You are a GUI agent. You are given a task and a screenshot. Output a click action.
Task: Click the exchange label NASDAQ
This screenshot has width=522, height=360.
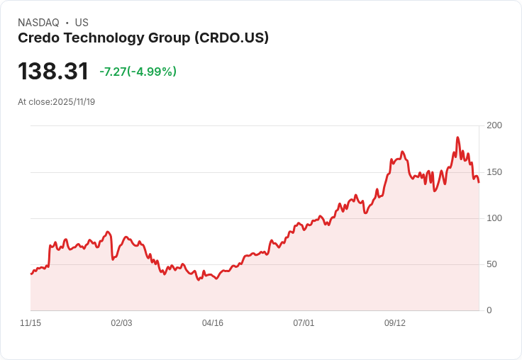coord(38,23)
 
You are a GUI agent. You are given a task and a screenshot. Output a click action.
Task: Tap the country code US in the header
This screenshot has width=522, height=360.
coord(82,23)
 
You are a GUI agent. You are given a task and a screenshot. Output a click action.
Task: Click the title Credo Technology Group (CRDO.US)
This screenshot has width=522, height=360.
coord(143,38)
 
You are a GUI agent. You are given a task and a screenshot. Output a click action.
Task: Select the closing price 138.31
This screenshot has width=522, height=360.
coord(53,72)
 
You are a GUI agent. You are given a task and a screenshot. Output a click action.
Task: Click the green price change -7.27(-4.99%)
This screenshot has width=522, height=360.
coord(138,72)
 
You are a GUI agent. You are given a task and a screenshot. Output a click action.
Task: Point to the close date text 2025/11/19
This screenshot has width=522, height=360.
coord(74,102)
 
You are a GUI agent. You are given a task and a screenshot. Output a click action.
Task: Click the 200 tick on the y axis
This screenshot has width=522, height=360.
coord(494,125)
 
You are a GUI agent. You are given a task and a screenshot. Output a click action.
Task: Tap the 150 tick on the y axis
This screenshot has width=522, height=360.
coord(494,171)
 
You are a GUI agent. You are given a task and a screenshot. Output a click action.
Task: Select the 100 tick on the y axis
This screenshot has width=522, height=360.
coord(494,218)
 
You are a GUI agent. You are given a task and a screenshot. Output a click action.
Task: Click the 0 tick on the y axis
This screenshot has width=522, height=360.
coord(489,310)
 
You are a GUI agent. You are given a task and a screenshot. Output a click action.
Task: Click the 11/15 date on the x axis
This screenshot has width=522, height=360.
coord(30,323)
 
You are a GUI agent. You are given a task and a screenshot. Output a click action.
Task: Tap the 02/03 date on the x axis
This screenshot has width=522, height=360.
coord(121,323)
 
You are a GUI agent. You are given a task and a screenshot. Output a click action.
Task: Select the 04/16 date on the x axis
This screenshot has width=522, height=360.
coord(213,323)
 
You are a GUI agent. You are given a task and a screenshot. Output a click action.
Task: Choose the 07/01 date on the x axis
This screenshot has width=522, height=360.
coord(304,323)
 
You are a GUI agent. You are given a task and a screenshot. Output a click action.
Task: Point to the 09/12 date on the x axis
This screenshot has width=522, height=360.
coord(395,323)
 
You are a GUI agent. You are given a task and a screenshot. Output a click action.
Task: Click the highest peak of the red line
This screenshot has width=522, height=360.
coord(457,137)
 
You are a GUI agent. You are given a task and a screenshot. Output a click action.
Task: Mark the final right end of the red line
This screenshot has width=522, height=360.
coord(479,182)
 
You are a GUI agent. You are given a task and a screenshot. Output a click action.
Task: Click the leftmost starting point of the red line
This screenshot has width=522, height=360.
coord(31,274)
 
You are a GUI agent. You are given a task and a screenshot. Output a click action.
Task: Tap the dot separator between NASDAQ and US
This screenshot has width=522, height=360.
coord(67,23)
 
